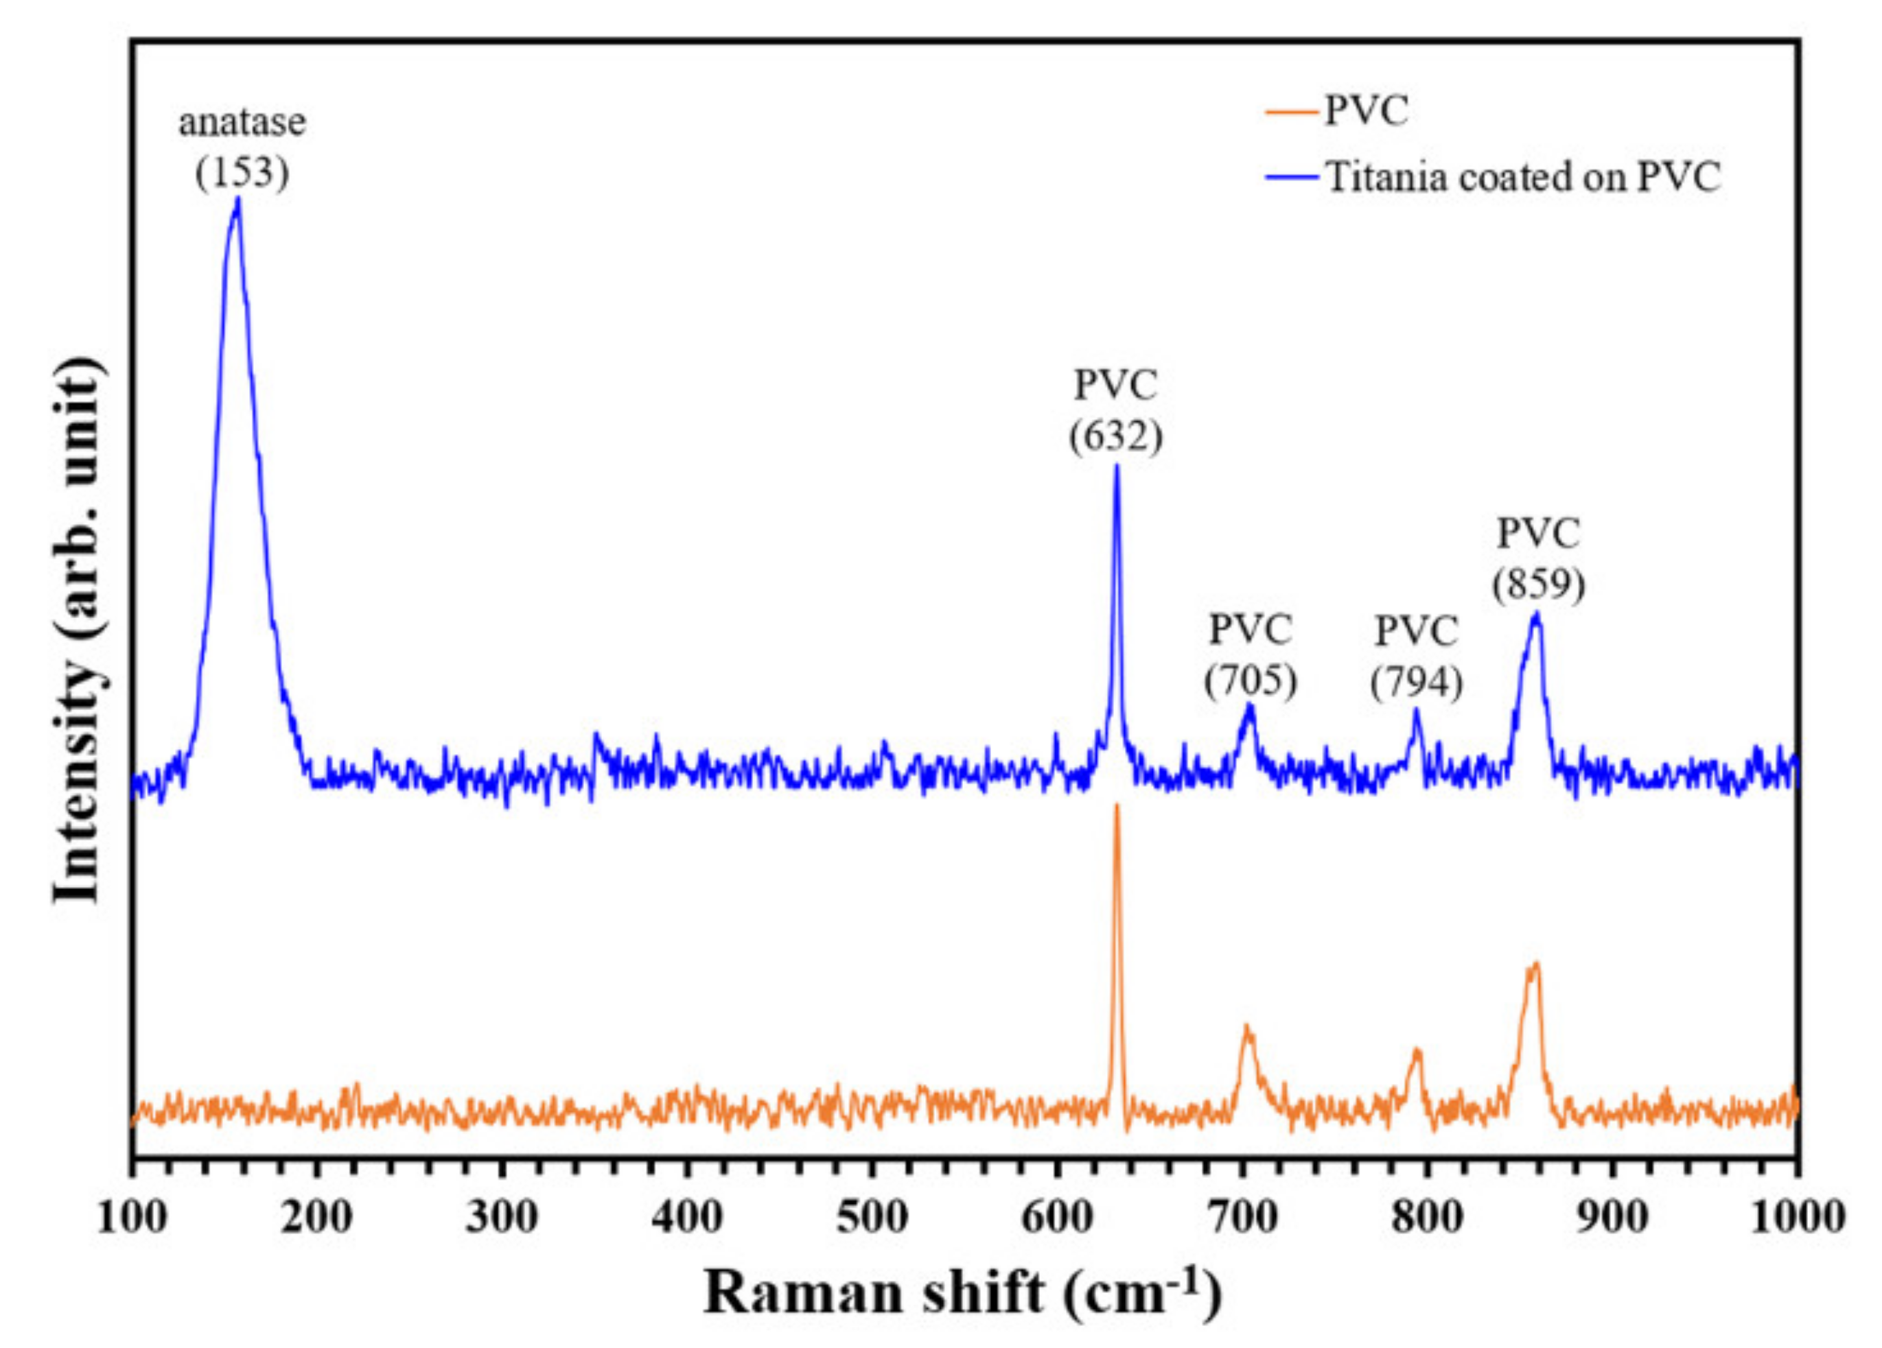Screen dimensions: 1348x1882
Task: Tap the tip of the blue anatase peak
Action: point(237,200)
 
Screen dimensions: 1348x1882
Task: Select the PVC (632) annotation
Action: point(1115,411)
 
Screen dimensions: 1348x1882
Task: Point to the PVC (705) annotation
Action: point(1250,655)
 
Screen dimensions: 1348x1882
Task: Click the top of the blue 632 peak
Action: point(1116,466)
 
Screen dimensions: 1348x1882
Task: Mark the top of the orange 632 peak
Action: point(1116,805)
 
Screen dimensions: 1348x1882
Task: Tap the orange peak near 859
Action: point(1535,965)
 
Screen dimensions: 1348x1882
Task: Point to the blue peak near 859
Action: point(1536,615)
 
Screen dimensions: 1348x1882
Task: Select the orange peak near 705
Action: point(1246,1027)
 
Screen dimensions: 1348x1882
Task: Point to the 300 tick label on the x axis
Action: point(501,1218)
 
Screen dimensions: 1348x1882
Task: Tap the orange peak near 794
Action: point(1417,1052)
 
